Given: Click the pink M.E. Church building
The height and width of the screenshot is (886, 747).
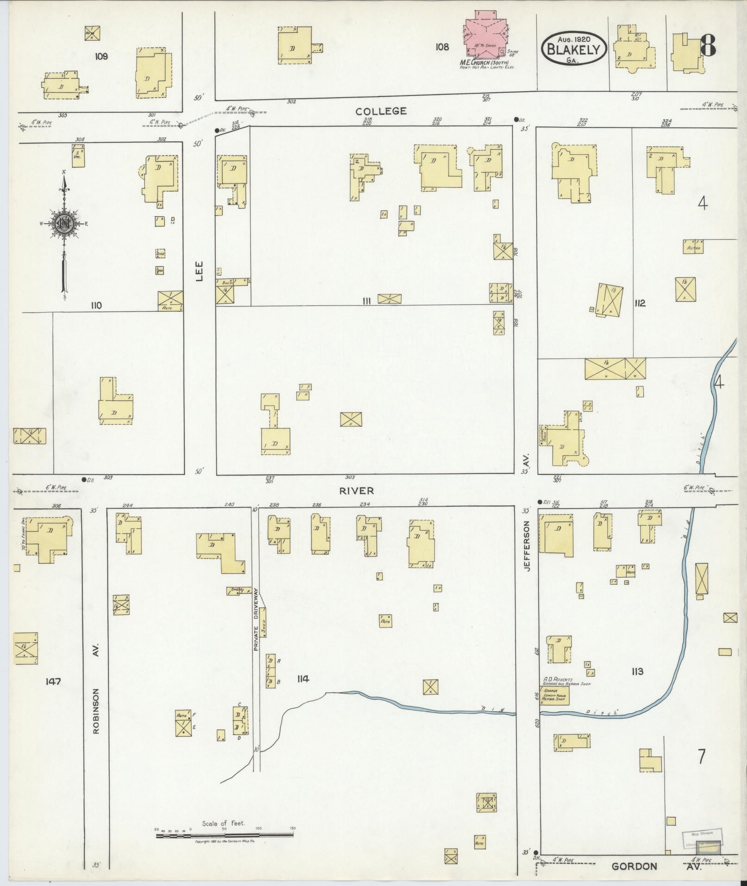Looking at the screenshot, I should [486, 37].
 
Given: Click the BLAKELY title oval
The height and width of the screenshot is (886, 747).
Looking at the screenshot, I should [574, 49].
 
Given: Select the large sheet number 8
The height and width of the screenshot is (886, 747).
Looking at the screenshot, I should [708, 45].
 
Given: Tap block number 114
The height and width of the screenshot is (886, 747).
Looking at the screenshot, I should [303, 679].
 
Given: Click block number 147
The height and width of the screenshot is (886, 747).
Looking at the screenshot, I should [53, 681].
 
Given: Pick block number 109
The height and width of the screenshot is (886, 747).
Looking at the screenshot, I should [101, 57].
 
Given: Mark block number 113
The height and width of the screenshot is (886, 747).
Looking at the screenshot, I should [637, 672].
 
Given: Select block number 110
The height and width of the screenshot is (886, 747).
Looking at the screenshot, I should [96, 305].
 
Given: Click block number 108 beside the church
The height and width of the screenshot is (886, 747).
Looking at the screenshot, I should [442, 47].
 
